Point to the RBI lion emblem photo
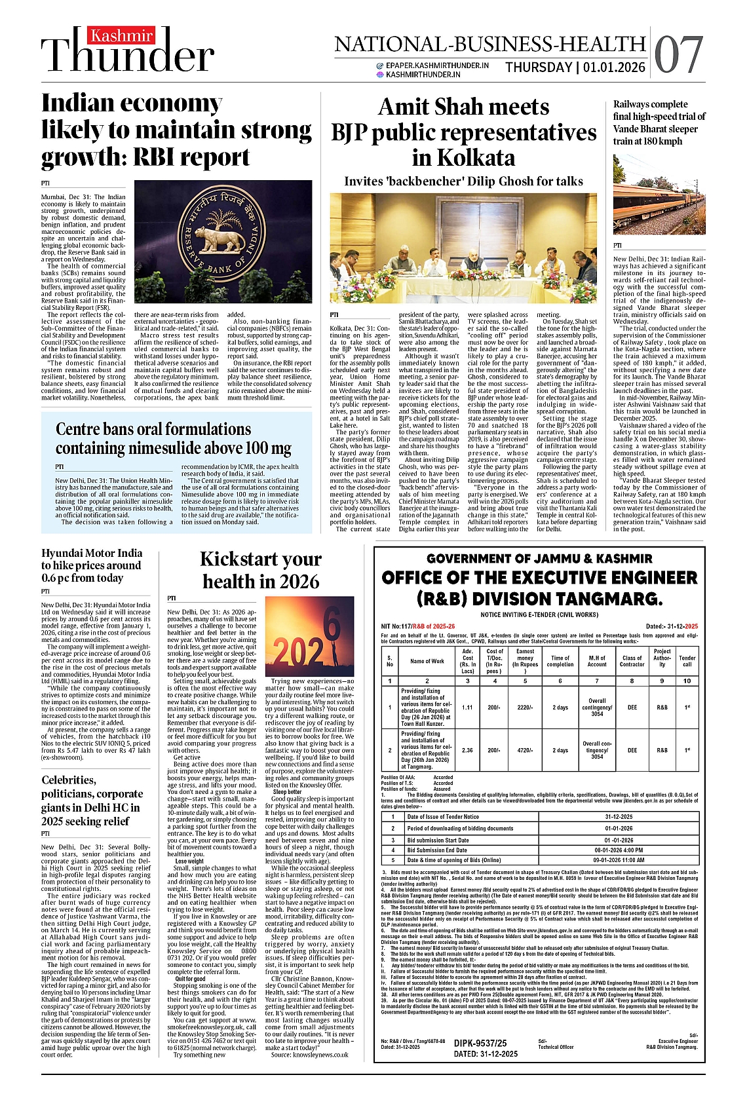click(223, 242)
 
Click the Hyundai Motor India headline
click(91, 565)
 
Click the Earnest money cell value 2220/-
click(525, 707)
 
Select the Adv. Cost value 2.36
click(467, 750)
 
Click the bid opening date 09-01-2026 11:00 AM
click(619, 860)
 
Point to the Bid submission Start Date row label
click(438, 840)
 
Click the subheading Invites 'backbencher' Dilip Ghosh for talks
click(463, 181)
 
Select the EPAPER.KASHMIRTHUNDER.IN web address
click(437, 66)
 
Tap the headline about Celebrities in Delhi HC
click(92, 801)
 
